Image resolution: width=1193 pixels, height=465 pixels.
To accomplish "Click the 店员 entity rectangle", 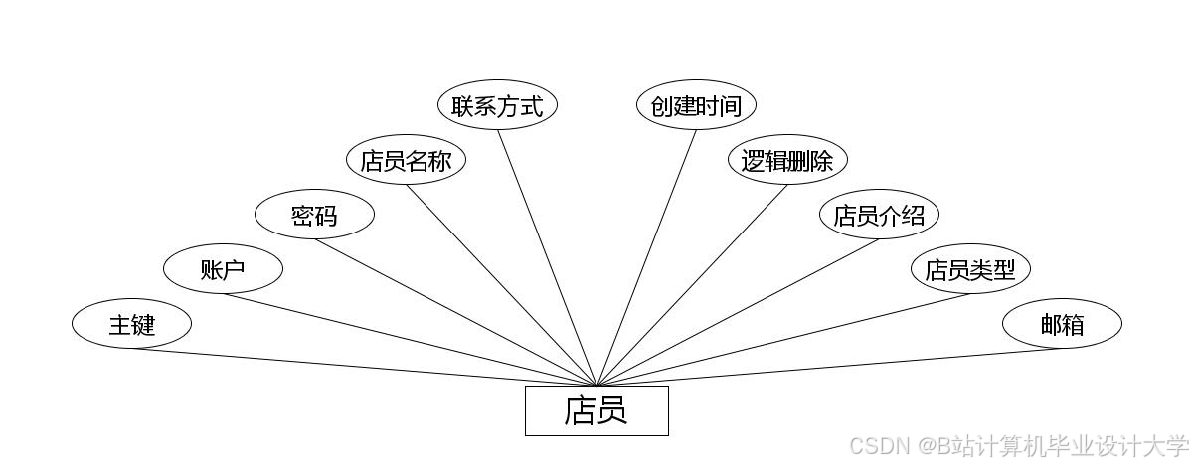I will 596,410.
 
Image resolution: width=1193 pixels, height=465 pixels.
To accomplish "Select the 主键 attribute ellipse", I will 131,324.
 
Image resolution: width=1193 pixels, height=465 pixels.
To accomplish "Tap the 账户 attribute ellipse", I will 223,269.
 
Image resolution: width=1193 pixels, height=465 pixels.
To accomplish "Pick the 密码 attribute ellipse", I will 314,215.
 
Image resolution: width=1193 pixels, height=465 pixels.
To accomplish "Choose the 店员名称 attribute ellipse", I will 406,160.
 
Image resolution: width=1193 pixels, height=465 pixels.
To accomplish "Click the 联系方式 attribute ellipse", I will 497,106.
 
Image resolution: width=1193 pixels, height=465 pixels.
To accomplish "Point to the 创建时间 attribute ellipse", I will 696,106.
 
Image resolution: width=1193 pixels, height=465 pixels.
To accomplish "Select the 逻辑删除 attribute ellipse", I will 787,160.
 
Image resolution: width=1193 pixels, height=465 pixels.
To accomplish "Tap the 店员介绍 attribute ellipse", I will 879,215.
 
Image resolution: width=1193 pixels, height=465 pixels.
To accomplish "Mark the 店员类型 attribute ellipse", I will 970,269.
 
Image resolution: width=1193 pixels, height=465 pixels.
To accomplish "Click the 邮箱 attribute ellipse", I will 1062,324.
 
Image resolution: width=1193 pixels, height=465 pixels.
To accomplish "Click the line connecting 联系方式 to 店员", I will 547,257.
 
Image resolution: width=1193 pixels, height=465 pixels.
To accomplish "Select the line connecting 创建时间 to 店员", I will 647,257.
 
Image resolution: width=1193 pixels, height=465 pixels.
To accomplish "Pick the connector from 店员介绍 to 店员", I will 738,312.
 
